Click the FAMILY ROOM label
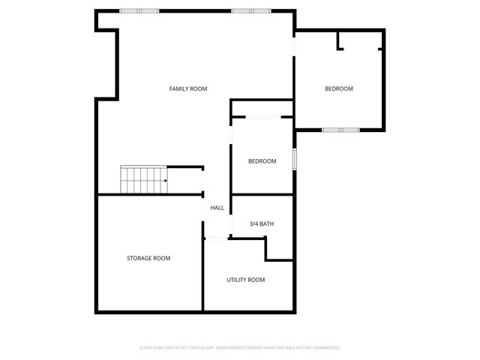click(187, 89)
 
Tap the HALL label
click(217, 208)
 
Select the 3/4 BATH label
click(262, 223)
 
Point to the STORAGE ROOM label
click(148, 258)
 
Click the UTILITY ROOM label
click(246, 280)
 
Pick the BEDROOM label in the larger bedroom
click(338, 89)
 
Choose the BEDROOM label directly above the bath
click(262, 161)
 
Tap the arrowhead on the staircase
click(164, 181)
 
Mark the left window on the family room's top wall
click(139, 11)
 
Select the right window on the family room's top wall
click(250, 11)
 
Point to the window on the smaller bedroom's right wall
click(295, 159)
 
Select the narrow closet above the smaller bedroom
click(261, 109)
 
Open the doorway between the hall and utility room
click(216, 238)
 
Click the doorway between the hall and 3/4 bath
click(231, 216)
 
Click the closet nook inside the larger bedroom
click(360, 40)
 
